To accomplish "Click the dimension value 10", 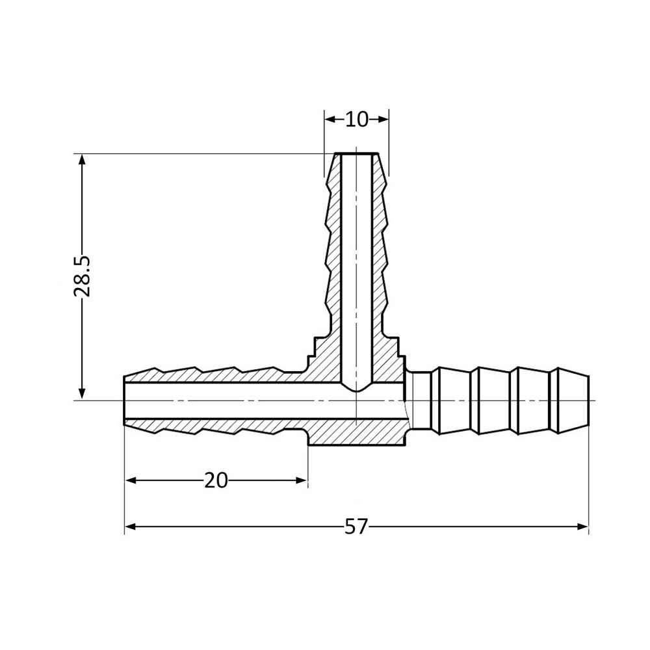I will (356, 120).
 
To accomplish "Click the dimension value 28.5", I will (82, 276).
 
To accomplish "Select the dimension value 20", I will (216, 480).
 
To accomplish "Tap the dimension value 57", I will (356, 526).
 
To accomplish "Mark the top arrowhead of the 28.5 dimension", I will (82, 159).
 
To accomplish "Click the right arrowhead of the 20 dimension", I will (302, 480).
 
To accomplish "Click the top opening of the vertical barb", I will (356, 155).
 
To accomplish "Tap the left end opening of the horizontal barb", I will (125, 400).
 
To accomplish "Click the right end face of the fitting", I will (588, 400).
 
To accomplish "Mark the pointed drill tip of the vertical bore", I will (356, 389).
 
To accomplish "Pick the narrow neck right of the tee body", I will (422, 400).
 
